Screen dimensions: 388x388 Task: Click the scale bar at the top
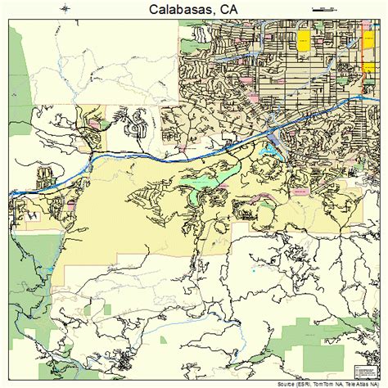[325, 8]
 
